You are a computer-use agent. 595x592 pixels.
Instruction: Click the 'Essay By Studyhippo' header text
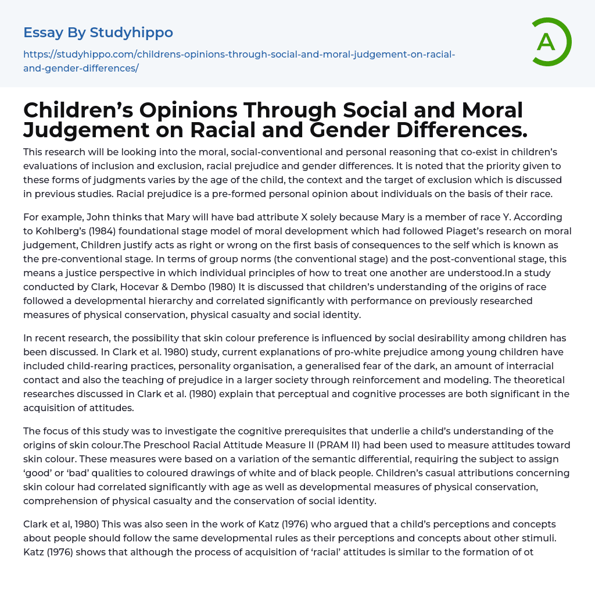(x=98, y=33)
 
